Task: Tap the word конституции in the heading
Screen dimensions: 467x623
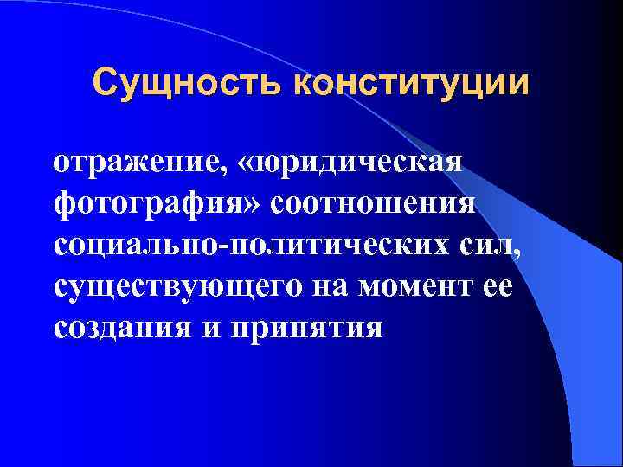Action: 411,84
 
